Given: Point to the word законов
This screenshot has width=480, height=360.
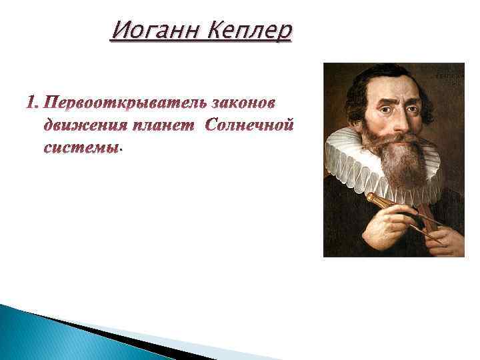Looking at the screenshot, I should [x=243, y=104].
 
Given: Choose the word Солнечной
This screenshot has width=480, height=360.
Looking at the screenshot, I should [x=249, y=125].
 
